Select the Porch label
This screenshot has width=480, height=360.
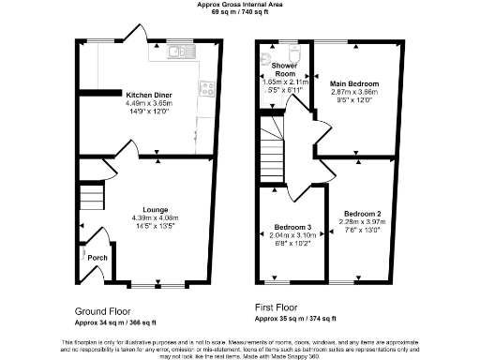pyautogui.click(x=97, y=256)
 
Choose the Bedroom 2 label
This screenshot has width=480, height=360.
pyautogui.click(x=361, y=212)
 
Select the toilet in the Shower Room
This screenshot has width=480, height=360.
pyautogui.click(x=294, y=52)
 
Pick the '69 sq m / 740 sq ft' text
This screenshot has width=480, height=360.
pyautogui.click(x=239, y=11)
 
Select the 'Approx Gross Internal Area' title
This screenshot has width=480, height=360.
pyautogui.click(x=239, y=4)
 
